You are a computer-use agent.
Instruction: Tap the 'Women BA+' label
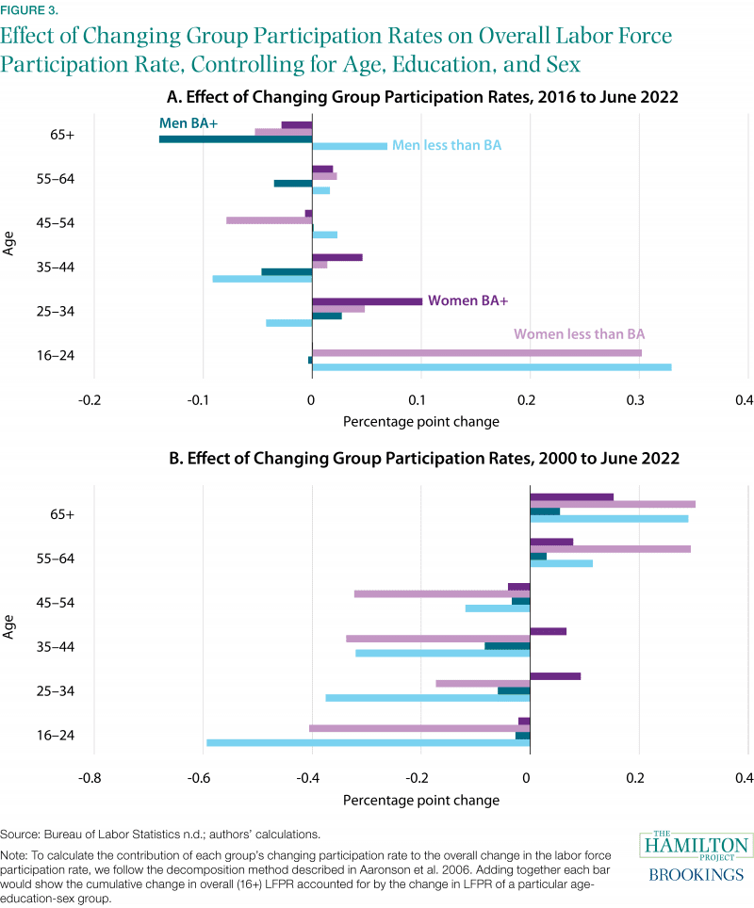point(467,301)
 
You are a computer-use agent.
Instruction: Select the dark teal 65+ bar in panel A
point(236,139)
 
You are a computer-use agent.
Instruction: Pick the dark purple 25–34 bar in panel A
point(367,301)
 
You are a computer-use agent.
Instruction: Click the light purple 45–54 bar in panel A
point(269,220)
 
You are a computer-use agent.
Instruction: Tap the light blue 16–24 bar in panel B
point(368,743)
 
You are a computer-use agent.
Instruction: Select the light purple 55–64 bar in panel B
point(610,549)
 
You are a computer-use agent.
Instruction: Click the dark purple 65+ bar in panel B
point(571,497)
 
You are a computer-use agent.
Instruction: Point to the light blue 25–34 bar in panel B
point(427,698)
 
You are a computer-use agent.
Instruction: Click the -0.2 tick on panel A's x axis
point(90,400)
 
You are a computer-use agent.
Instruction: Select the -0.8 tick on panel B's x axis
point(90,779)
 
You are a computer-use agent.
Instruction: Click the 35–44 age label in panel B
point(81,647)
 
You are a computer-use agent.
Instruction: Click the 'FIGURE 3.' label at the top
point(29,11)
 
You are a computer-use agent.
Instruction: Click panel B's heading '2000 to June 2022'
point(585,459)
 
